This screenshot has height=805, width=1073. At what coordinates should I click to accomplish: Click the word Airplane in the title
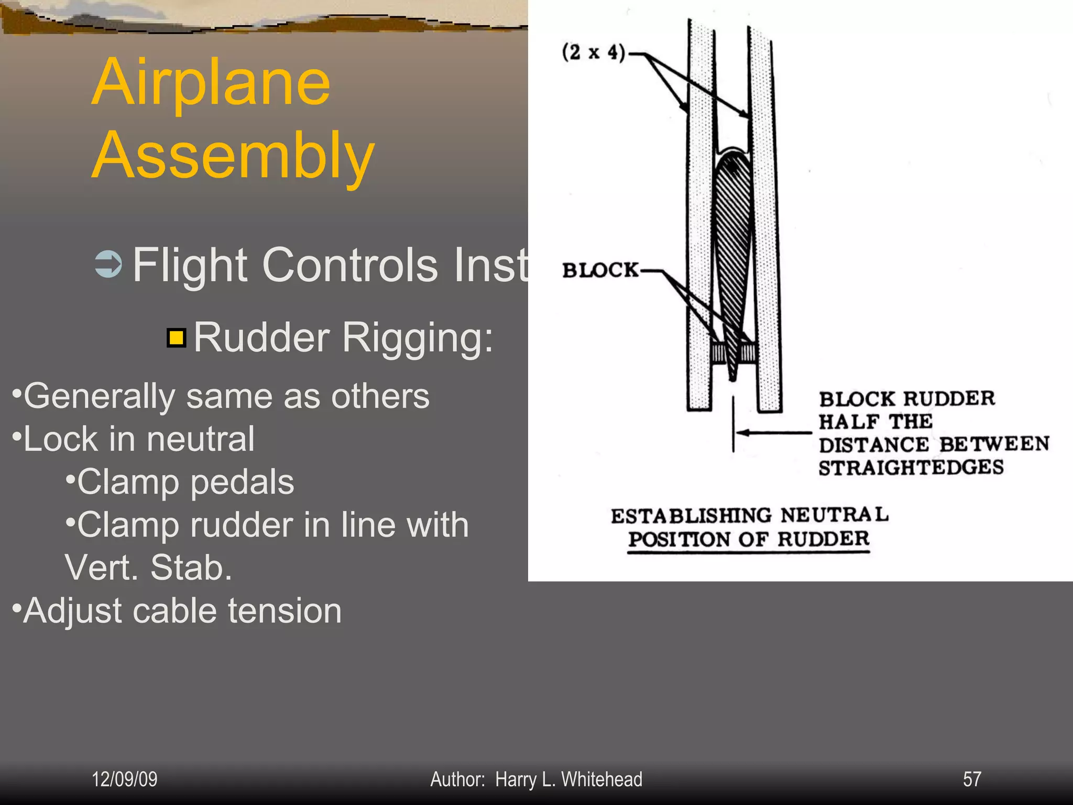[x=211, y=82]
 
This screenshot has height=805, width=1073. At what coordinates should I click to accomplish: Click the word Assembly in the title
[x=233, y=156]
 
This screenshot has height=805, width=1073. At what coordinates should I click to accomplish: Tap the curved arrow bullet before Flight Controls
[x=108, y=264]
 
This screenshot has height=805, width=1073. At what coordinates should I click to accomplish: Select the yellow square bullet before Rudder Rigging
[x=177, y=338]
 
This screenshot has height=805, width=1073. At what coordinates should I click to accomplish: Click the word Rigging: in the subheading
[x=418, y=338]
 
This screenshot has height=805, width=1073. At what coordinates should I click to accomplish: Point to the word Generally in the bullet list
[x=99, y=397]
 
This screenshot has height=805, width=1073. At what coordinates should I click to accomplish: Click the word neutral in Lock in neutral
[x=200, y=439]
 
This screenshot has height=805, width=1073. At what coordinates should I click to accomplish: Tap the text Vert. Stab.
[x=148, y=568]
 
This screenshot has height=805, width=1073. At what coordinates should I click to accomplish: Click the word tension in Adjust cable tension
[x=284, y=611]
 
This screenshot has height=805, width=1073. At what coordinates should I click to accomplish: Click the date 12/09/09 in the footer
[x=125, y=779]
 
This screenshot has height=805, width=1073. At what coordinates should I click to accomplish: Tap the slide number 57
[x=972, y=779]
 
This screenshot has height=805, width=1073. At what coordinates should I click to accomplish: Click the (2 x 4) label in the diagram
[x=593, y=53]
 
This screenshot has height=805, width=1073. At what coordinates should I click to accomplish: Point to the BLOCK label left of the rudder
[x=600, y=270]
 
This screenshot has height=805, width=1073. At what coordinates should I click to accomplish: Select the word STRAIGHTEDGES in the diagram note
[x=911, y=467]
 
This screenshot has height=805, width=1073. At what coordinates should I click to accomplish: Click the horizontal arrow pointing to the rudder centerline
[x=773, y=433]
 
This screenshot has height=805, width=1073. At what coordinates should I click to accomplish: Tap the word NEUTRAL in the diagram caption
[x=834, y=515]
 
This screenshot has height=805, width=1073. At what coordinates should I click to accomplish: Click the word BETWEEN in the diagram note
[x=994, y=444]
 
